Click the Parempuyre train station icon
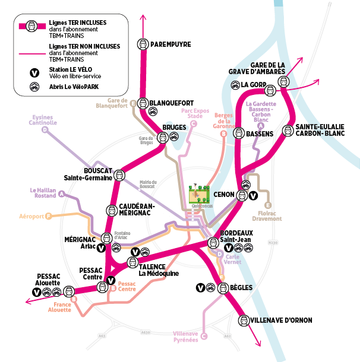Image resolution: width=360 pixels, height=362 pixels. click(143, 44)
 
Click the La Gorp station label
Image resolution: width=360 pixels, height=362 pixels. click(252, 84)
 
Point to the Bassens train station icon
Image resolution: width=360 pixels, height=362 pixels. click(238, 134)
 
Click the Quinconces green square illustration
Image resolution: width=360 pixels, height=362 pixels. click(198, 195)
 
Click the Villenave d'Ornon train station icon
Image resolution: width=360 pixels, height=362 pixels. click(243, 321)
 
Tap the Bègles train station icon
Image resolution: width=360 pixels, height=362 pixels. click(223, 288)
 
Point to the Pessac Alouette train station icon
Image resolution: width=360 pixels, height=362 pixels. click(69, 291)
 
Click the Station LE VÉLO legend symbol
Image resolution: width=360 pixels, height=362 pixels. click(35, 73)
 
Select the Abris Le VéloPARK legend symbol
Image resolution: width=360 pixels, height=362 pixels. click(35, 87)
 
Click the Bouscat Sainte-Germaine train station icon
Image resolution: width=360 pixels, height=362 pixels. click(119, 175)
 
